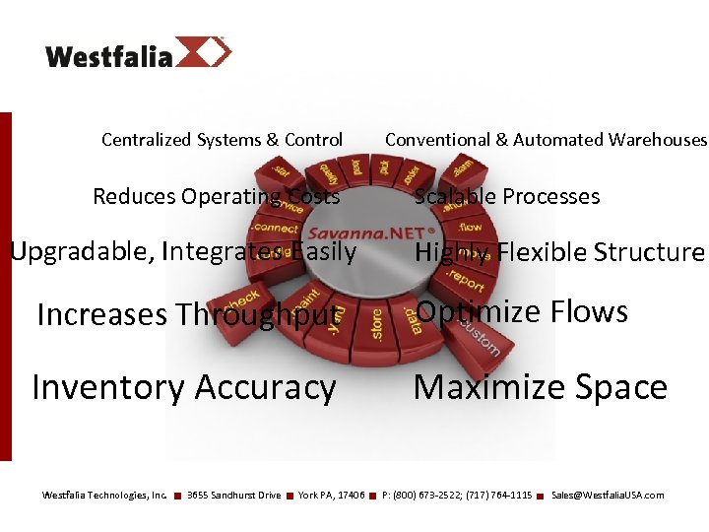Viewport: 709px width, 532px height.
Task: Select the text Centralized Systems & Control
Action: pyautogui.click(x=222, y=140)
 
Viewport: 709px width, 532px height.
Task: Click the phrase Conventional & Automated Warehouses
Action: pyautogui.click(x=546, y=140)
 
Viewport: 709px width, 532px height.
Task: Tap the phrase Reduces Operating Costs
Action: pyautogui.click(x=216, y=196)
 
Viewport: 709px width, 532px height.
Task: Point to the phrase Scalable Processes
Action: pyautogui.click(x=506, y=196)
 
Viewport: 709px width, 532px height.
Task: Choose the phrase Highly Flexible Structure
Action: pyautogui.click(x=559, y=252)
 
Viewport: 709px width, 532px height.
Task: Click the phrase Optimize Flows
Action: pyautogui.click(x=521, y=311)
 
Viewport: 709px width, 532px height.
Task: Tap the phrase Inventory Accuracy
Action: pyautogui.click(x=183, y=387)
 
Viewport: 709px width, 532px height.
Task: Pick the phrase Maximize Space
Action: pyautogui.click(x=540, y=387)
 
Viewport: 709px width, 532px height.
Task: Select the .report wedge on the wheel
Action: pyautogui.click(x=466, y=278)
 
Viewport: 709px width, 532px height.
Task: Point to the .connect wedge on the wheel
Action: pyautogui.click(x=273, y=229)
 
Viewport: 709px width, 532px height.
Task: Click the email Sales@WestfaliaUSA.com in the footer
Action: pyautogui.click(x=608, y=495)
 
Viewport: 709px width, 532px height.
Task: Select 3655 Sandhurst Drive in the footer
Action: pyautogui.click(x=233, y=495)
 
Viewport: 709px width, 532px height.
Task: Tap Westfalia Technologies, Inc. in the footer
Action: pyautogui.click(x=104, y=495)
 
